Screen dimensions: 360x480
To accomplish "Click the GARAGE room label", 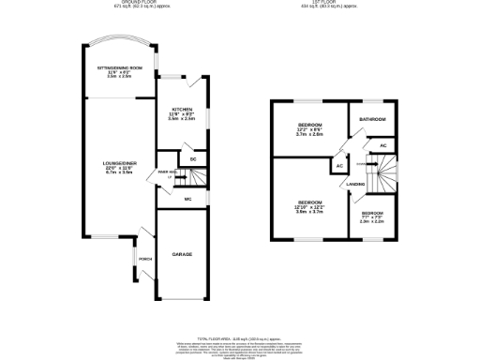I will click(181, 254).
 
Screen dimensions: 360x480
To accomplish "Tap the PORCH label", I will click(144, 260).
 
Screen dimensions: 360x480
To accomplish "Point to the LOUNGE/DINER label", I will click(120, 165).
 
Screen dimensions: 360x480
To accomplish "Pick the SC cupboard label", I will click(192, 159).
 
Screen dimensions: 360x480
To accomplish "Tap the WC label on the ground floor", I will click(188, 201).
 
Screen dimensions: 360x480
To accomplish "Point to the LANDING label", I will click(355, 184).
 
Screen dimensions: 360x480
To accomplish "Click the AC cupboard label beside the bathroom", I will click(383, 146).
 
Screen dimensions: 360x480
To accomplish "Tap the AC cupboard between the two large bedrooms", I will click(338, 166).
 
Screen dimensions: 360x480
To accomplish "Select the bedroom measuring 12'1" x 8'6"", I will click(309, 129).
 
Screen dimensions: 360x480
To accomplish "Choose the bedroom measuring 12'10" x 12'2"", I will click(309, 207).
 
